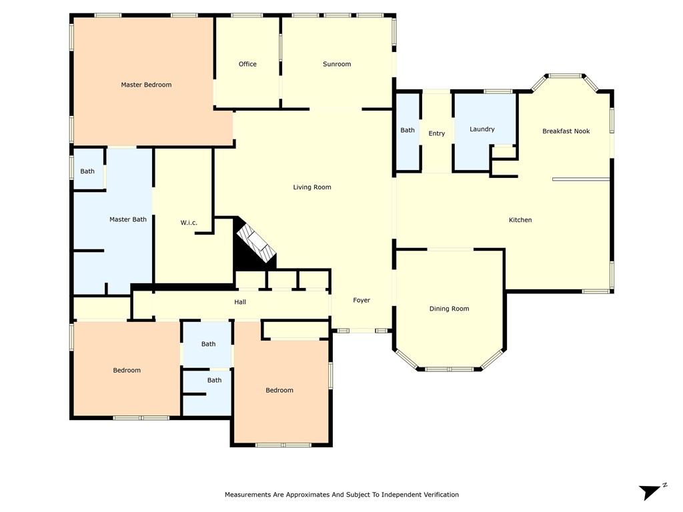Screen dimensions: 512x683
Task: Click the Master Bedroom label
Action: [x=146, y=85]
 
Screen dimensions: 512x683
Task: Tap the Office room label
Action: [x=247, y=64]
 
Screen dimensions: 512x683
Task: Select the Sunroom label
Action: [x=337, y=64]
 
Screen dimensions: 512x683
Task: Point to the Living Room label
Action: [x=312, y=187]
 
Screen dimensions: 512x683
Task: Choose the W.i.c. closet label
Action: [x=189, y=223]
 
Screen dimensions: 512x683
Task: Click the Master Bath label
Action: [x=128, y=219]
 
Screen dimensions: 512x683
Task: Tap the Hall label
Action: [x=240, y=302]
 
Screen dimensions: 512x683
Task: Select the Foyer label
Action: [x=362, y=301]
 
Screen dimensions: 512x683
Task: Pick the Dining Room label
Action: [x=449, y=309]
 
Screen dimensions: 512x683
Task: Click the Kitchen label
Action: [x=520, y=220]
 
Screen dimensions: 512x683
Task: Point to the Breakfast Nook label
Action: [x=566, y=131]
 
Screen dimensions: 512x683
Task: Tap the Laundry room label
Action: [x=482, y=129]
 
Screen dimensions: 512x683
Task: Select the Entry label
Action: [x=437, y=134]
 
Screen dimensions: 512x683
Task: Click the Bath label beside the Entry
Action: [x=408, y=131]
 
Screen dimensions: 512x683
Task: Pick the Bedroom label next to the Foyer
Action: [x=279, y=391]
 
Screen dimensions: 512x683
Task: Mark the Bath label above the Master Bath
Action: [x=87, y=171]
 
